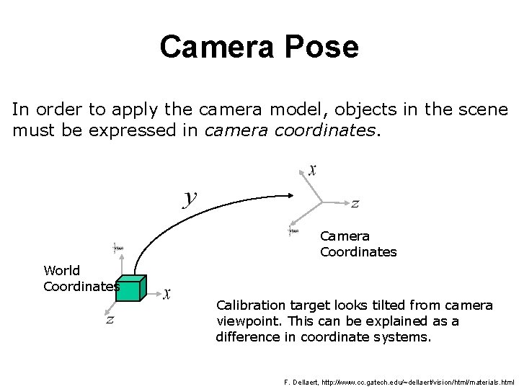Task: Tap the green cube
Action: click(x=133, y=287)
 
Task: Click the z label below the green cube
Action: click(x=110, y=319)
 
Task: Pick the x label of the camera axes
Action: click(x=312, y=169)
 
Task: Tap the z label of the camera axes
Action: click(x=355, y=204)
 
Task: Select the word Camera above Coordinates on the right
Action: click(x=345, y=236)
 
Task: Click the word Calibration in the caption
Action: click(x=249, y=305)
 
